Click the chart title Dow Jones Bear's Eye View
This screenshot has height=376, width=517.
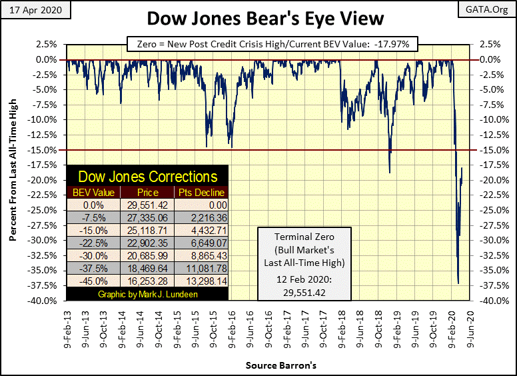point(258,19)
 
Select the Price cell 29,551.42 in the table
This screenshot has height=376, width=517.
point(147,205)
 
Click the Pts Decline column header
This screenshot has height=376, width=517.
point(201,193)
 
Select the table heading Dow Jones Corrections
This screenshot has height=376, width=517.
point(148,177)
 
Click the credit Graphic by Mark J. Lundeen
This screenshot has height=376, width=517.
point(148,294)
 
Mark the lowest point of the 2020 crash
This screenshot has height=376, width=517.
point(458,283)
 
